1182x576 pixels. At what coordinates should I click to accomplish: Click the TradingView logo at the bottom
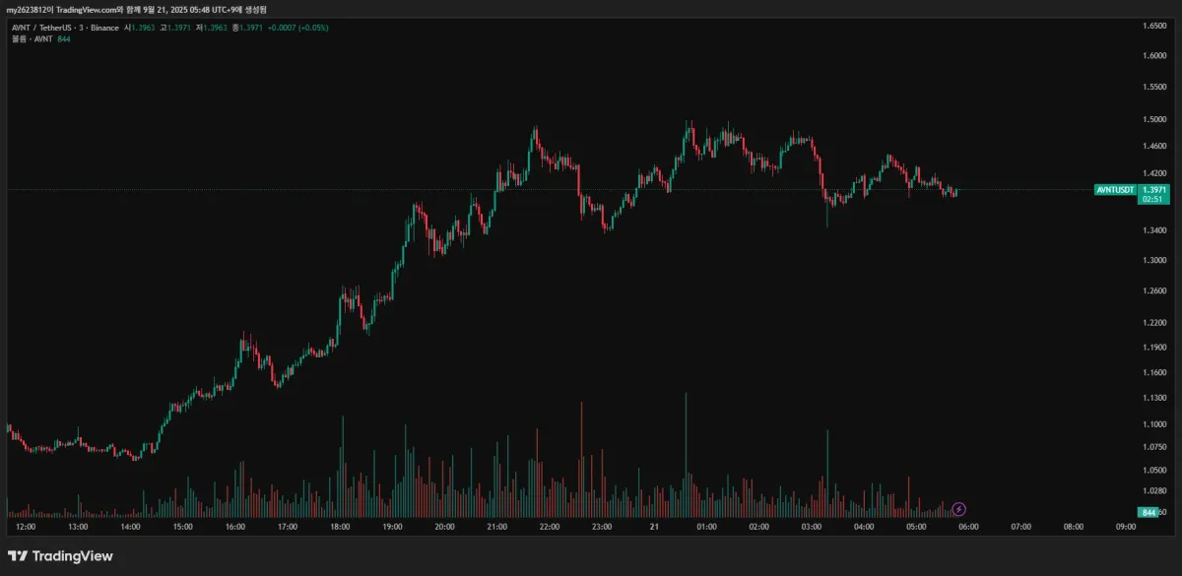pos(60,556)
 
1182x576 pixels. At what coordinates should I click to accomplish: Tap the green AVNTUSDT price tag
pos(1115,189)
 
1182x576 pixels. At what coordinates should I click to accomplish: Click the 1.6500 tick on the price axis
pos(1154,26)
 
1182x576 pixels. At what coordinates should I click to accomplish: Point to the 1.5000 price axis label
pos(1154,119)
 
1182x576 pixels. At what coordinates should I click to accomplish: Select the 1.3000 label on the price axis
pos(1154,260)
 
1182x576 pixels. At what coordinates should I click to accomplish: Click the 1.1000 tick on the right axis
pos(1154,424)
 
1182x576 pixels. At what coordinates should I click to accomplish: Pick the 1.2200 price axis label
pos(1154,322)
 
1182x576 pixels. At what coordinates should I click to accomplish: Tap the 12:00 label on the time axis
pos(26,527)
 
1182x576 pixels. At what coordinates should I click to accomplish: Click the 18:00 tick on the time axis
pos(340,527)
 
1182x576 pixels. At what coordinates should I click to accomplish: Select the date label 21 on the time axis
pos(654,527)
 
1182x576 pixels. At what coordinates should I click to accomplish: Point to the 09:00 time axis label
pos(1126,527)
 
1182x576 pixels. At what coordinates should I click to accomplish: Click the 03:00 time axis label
pos(812,527)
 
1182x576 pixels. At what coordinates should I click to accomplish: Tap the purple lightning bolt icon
pos(959,509)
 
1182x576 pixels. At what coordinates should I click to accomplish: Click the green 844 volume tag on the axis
pos(1147,512)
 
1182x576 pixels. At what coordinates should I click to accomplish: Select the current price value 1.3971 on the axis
pos(1154,189)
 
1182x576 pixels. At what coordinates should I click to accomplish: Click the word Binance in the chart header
pos(102,28)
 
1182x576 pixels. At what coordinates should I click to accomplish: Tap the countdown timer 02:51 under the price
pos(1152,199)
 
